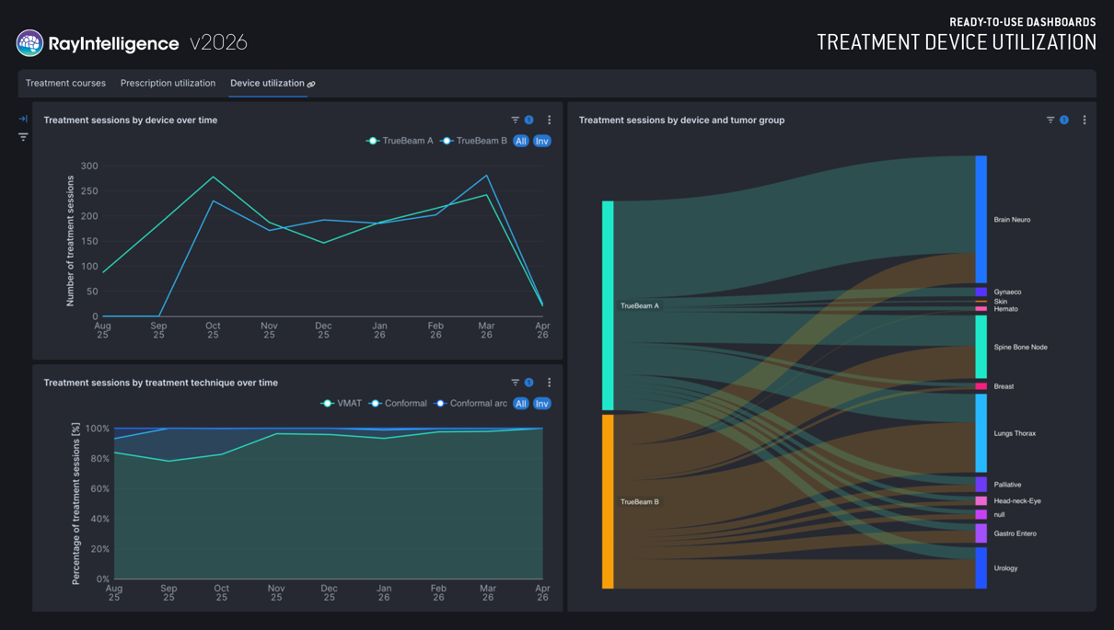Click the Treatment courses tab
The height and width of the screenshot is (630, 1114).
click(65, 83)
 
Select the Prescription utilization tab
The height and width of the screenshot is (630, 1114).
click(168, 83)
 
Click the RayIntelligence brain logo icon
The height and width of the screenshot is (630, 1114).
click(29, 42)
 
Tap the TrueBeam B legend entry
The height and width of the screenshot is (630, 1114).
click(474, 141)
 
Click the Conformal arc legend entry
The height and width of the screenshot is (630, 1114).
click(470, 403)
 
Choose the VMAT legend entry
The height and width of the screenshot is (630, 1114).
click(342, 403)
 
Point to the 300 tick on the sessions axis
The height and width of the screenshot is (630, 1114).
click(89, 166)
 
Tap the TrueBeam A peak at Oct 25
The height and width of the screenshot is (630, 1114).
click(214, 177)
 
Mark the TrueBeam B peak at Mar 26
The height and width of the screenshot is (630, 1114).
click(486, 176)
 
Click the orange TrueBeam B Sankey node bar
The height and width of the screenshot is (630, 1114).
click(608, 502)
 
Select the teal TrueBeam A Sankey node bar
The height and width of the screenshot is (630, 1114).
click(608, 305)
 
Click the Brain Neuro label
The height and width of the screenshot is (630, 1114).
click(1012, 220)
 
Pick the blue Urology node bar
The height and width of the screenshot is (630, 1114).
click(981, 567)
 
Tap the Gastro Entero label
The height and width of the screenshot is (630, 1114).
click(1015, 533)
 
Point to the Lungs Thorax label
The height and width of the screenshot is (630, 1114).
click(1015, 433)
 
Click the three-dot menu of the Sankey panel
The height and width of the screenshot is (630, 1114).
click(1085, 120)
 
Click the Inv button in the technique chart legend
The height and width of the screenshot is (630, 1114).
click(541, 404)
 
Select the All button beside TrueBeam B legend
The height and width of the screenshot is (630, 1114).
click(521, 141)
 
